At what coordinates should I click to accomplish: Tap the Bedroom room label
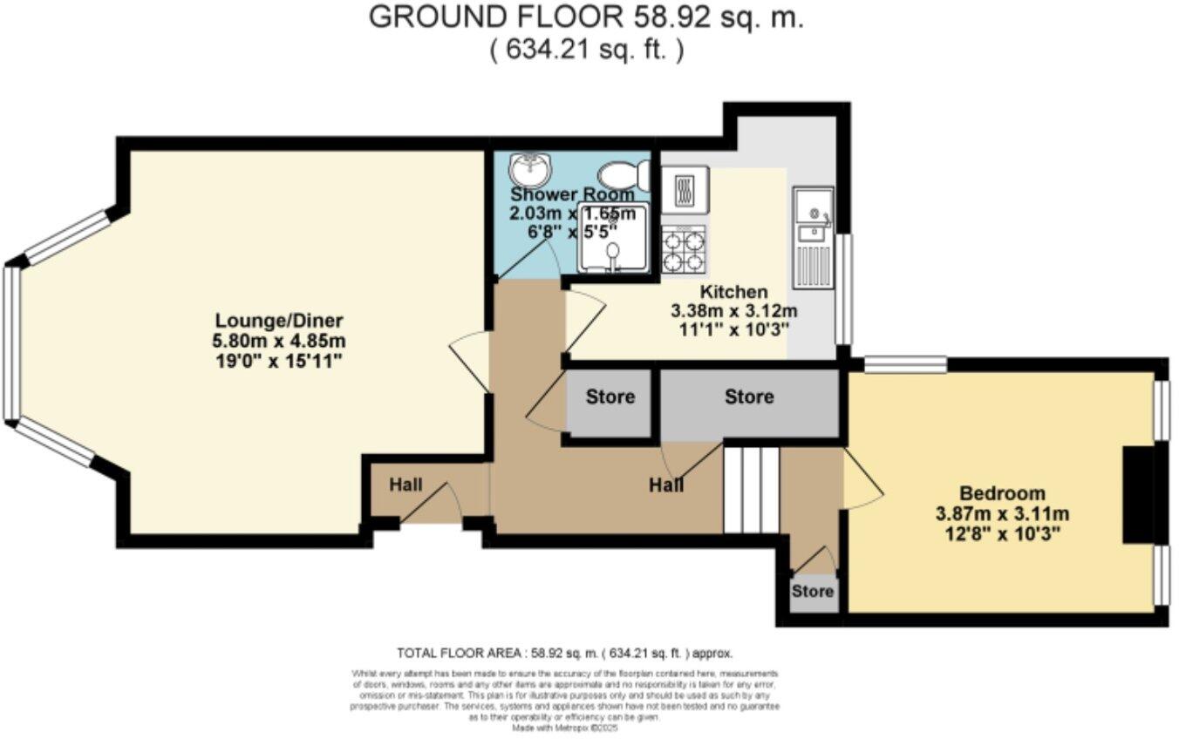[1002, 492]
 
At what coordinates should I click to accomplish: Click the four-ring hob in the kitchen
[684, 250]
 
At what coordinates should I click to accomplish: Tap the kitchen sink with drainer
[812, 237]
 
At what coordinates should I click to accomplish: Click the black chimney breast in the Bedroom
[1137, 496]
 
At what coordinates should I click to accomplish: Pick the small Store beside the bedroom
[813, 592]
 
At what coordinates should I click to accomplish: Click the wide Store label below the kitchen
[749, 397]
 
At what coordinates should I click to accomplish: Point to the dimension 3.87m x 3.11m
[1002, 512]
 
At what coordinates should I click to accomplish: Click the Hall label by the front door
[405, 485]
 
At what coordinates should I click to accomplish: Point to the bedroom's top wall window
[904, 365]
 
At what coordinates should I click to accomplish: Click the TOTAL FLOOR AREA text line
[565, 652]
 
